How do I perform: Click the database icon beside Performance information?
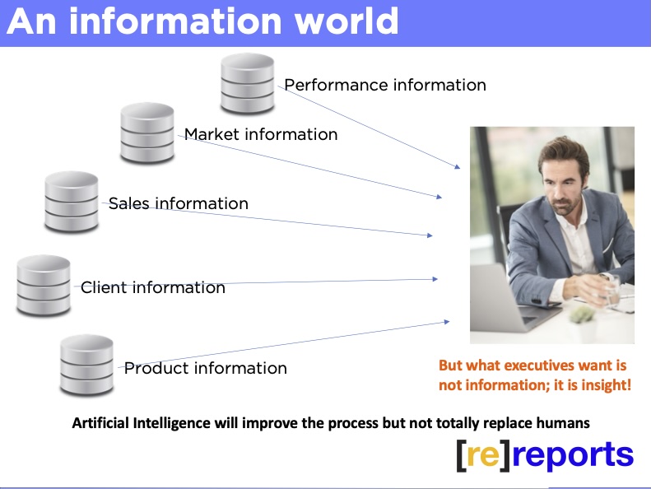[248, 83]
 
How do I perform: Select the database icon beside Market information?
[147, 133]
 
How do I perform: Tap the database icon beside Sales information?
[72, 202]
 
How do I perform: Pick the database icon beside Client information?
[44, 286]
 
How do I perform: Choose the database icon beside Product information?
[86, 366]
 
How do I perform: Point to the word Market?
[212, 134]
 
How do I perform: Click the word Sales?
[128, 203]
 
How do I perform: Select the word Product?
[156, 368]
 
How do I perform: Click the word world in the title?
[346, 21]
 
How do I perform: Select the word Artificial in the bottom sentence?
[100, 423]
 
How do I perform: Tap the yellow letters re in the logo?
[482, 455]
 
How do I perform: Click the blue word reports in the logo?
[573, 456]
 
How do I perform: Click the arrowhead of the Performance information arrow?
[458, 166]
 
